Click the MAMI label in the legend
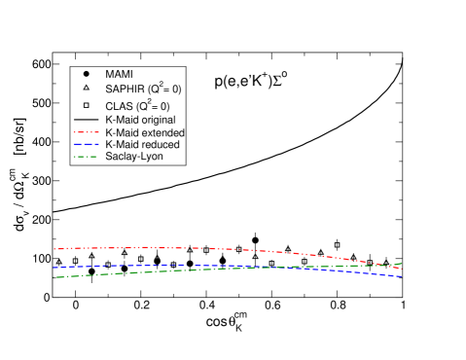pyautogui.click(x=120, y=74)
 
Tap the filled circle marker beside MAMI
pyautogui.click(x=87, y=74)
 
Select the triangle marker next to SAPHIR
pyautogui.click(x=87, y=89)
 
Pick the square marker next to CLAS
pyautogui.click(x=87, y=104)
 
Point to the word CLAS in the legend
pyautogui.click(x=119, y=105)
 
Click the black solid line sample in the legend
pyautogui.click(x=87, y=119)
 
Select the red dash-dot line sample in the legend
pyautogui.click(x=87, y=131)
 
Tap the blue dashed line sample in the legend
pyautogui.click(x=87, y=144)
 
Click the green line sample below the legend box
pyautogui.click(x=87, y=156)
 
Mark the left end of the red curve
pyautogui.click(x=54, y=249)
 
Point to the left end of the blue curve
pyautogui.click(x=54, y=267)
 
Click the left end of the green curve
pyautogui.click(x=54, y=278)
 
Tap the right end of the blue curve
pyautogui.click(x=401, y=277)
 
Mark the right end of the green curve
pyautogui.click(x=401, y=264)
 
